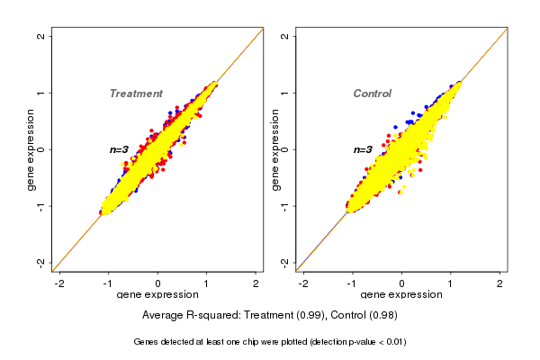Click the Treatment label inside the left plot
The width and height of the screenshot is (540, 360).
(x=136, y=94)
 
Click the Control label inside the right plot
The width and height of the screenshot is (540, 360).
(x=372, y=94)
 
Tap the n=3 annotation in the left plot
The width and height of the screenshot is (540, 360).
(x=120, y=149)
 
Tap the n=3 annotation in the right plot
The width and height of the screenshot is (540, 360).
(x=363, y=149)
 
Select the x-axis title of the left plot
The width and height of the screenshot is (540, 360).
(x=158, y=295)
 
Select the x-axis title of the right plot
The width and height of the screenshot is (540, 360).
(x=401, y=295)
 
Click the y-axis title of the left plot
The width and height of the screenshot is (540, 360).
(x=32, y=150)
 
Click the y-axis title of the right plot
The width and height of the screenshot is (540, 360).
(x=275, y=150)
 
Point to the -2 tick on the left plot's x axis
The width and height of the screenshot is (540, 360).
(x=60, y=283)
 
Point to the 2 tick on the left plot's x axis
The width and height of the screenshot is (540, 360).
(x=256, y=283)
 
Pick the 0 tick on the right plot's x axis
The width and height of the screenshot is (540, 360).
(x=401, y=283)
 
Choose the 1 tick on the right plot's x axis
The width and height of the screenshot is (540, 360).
(x=451, y=283)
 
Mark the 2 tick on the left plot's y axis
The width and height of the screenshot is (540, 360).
(x=41, y=37)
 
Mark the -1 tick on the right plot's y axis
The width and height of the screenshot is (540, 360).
(x=284, y=206)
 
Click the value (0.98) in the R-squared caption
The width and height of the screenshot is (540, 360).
(x=382, y=315)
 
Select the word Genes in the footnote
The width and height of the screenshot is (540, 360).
(x=147, y=342)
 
